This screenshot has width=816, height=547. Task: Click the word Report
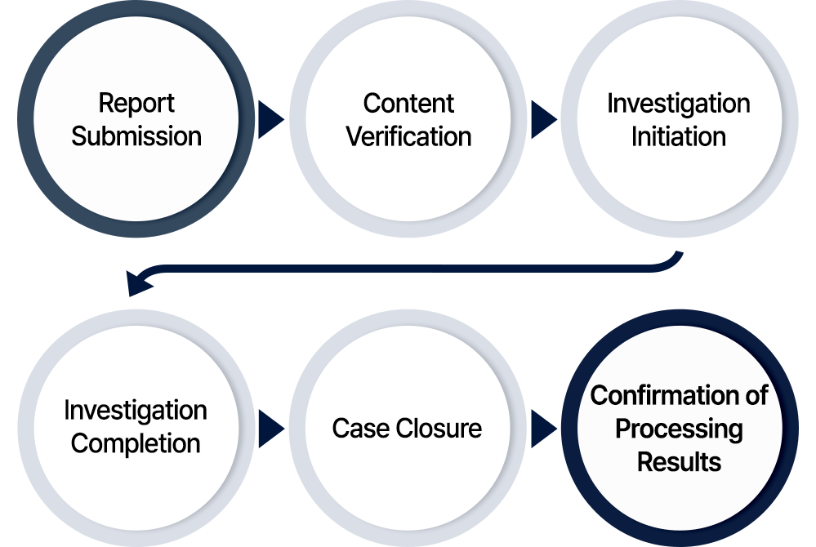click(x=136, y=104)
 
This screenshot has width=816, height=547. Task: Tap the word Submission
click(x=136, y=136)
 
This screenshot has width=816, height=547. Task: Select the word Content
click(x=408, y=104)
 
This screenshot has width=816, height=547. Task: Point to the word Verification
click(x=408, y=136)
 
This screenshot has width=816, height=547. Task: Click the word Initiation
click(x=678, y=136)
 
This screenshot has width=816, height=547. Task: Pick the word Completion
click(x=136, y=443)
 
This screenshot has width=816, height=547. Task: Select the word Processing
click(x=679, y=429)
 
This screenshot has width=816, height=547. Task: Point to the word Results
click(x=679, y=462)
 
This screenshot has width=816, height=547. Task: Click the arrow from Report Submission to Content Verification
click(x=271, y=120)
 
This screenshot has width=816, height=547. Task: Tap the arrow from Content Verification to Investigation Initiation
click(x=543, y=120)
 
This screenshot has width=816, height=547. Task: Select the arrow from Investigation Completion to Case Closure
click(x=271, y=428)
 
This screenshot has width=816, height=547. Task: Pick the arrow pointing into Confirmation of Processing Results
click(x=543, y=428)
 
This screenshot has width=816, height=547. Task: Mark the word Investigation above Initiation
click(x=678, y=104)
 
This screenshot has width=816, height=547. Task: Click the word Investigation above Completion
click(x=136, y=410)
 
